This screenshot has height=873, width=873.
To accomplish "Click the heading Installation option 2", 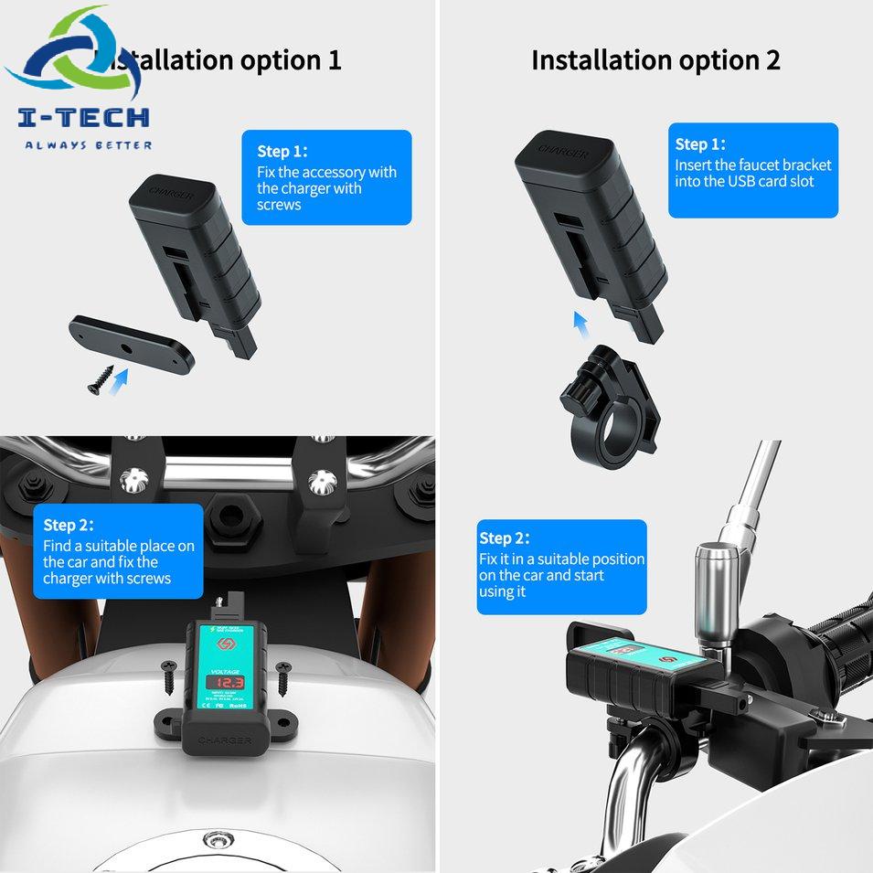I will click(655, 60).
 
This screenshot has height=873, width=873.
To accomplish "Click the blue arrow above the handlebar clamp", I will click(579, 323).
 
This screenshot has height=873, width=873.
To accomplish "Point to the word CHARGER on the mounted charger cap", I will click(223, 739).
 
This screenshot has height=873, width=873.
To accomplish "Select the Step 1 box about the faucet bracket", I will click(752, 170).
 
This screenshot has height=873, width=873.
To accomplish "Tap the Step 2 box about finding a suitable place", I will click(118, 551).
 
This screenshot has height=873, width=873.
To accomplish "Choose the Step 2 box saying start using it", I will click(561, 567).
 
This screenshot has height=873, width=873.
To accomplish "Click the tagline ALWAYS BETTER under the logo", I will click(88, 144).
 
